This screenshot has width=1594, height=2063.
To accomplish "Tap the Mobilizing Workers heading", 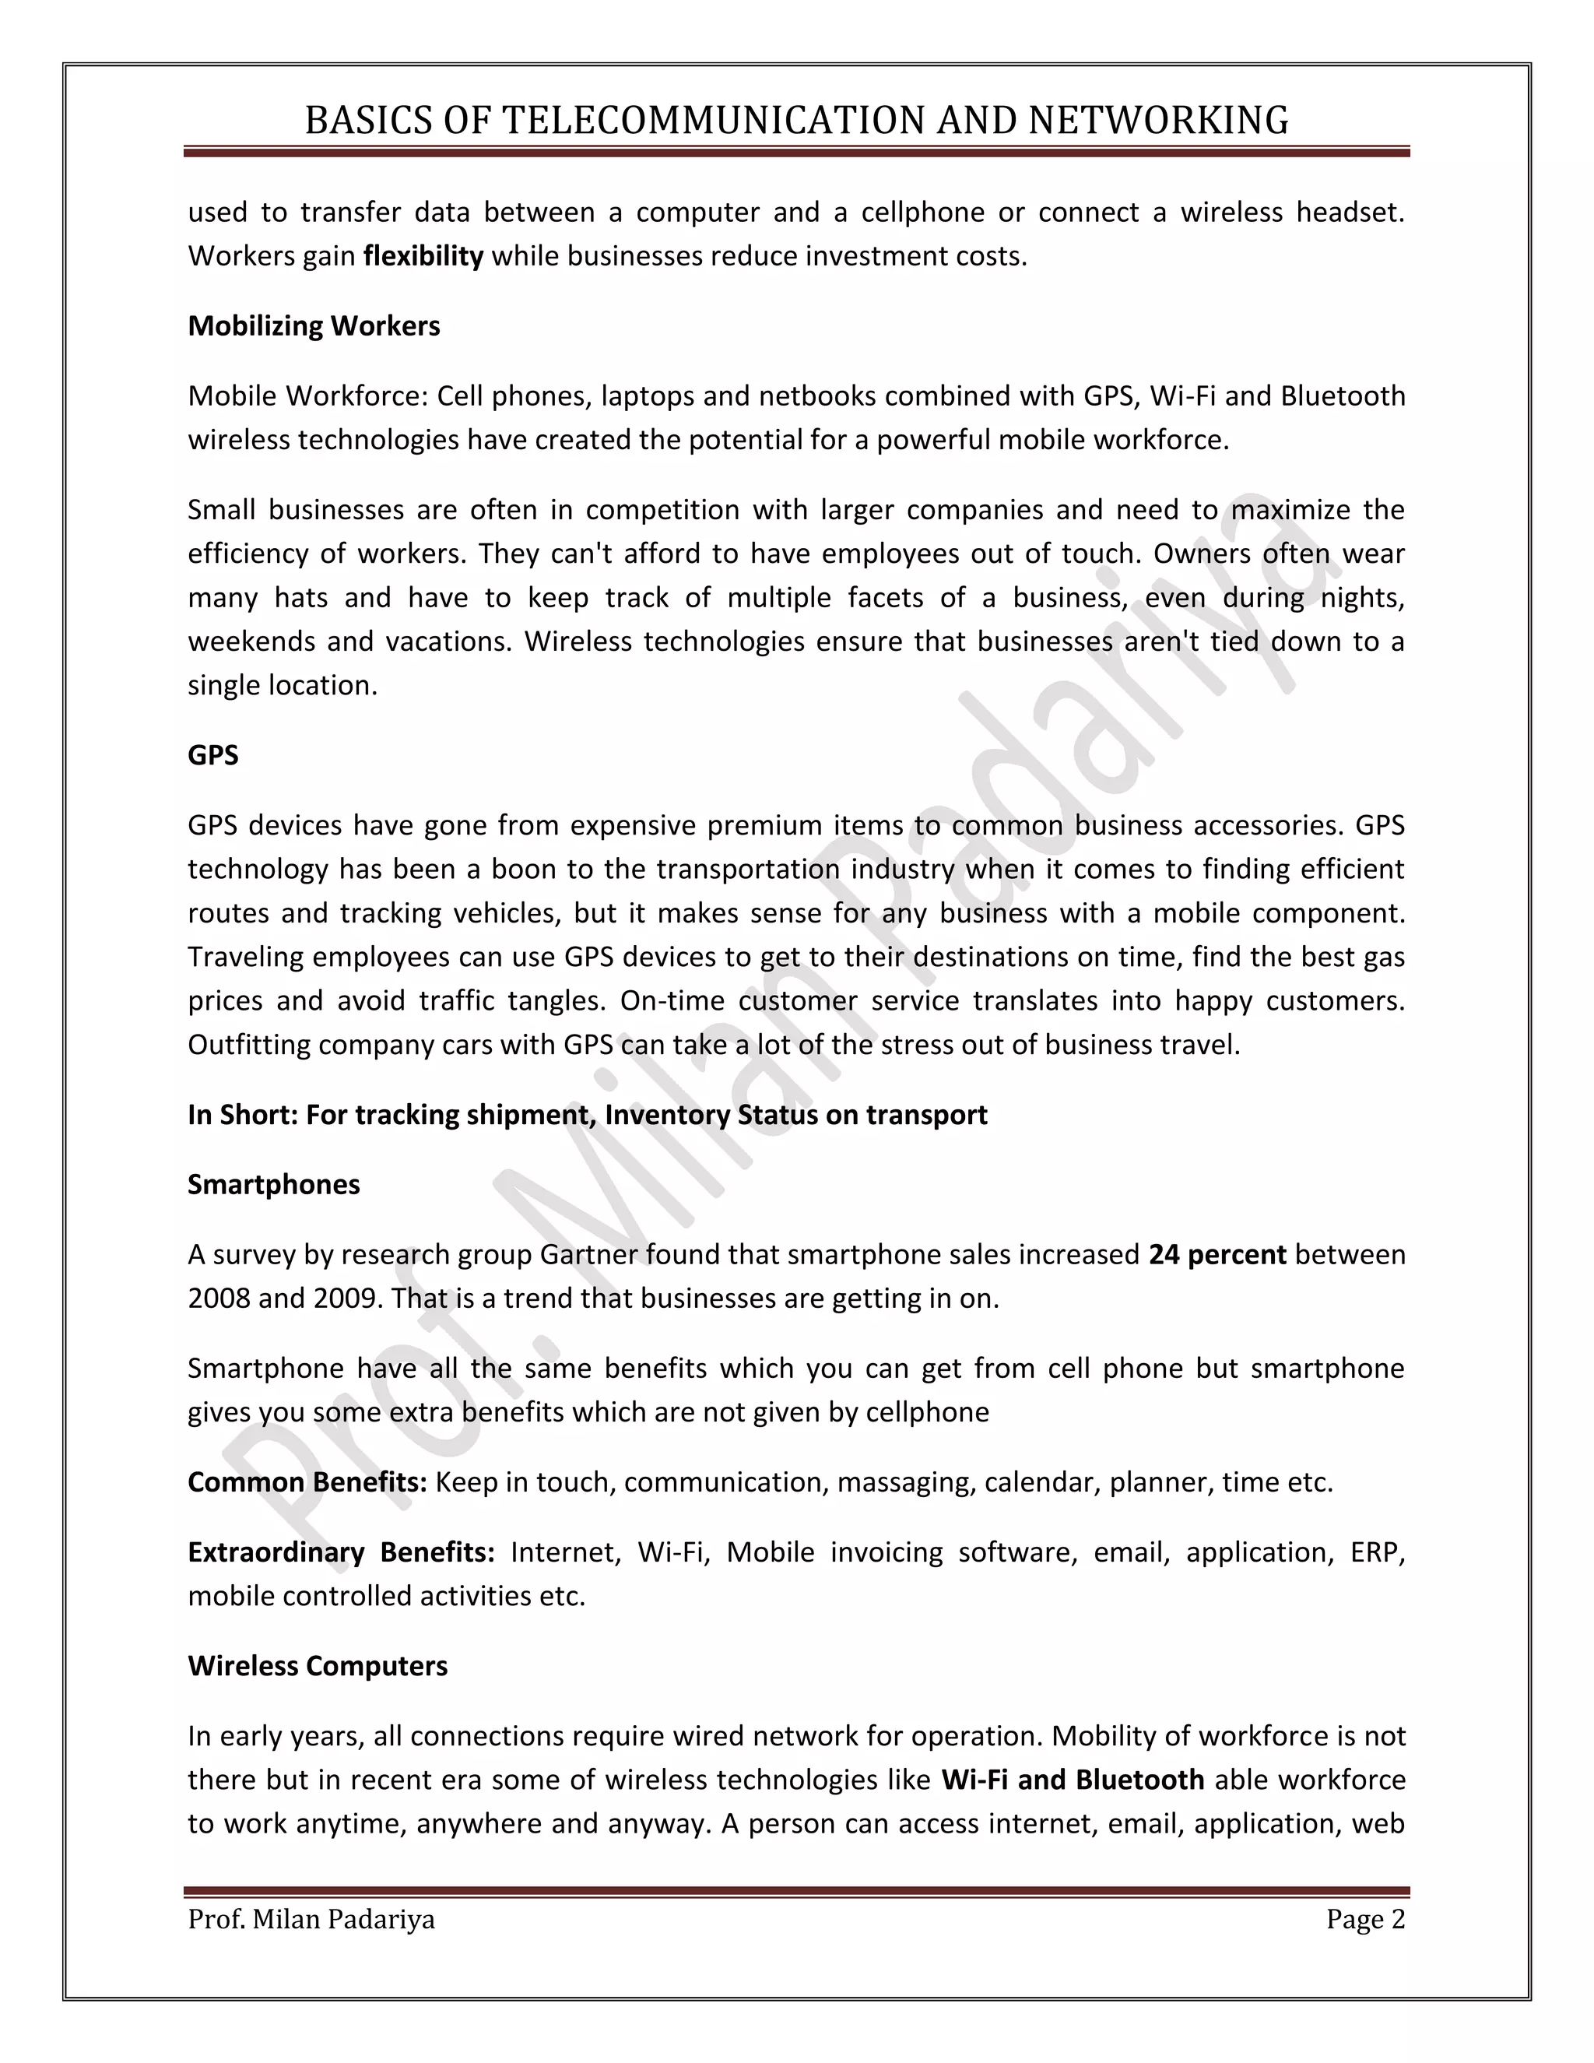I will coord(314,326).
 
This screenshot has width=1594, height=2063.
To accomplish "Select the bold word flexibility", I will coord(423,256).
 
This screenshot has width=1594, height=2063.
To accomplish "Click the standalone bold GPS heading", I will coord(213,756).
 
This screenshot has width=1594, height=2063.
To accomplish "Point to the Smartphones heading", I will coord(274,1185).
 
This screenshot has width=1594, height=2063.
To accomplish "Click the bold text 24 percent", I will coord(1217,1254).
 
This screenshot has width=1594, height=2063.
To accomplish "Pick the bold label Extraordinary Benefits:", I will coord(341,1552).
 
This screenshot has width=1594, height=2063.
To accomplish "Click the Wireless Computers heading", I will coord(318,1665).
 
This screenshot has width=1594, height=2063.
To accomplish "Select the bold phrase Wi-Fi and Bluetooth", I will coord(1073,1780).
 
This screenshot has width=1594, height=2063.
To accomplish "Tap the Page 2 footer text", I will coord(1365,1920).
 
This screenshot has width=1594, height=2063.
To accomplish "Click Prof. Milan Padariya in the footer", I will coord(311,1920).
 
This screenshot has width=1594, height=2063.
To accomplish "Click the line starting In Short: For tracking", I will coord(588,1115).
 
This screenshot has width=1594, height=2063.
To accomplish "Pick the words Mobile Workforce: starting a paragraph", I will coord(309,395).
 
